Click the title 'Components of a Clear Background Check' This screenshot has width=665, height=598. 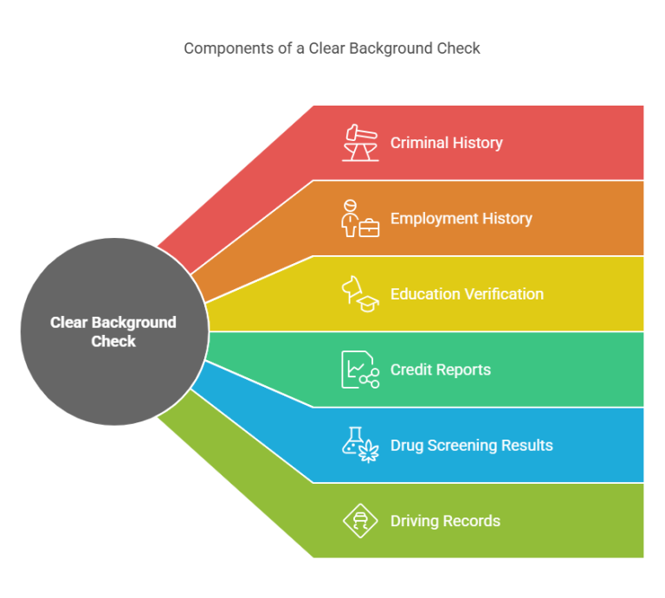[x=332, y=48]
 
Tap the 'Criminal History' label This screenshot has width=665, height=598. [x=446, y=143]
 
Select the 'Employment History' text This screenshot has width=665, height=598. [x=461, y=218]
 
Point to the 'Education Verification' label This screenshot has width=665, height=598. [x=467, y=294]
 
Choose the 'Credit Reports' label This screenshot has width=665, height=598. [x=440, y=370]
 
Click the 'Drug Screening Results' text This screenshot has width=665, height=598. [x=471, y=446]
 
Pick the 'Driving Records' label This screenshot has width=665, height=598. [x=445, y=521]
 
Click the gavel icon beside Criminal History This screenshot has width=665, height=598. [x=359, y=143]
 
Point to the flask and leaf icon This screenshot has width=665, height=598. [x=359, y=446]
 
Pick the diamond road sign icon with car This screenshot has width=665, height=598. [x=359, y=521]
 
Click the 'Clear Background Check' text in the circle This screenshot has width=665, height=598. [x=113, y=331]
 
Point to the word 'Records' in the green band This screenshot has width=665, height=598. [x=473, y=521]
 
